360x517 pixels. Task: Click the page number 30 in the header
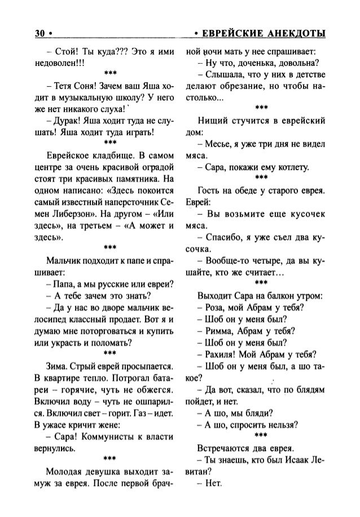click(x=41, y=33)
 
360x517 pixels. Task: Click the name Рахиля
click(x=225, y=355)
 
